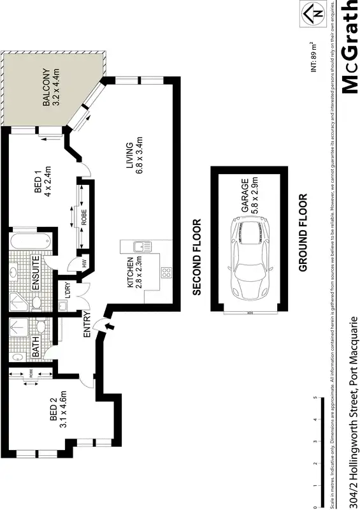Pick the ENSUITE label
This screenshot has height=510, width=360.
36,273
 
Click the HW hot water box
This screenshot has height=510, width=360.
83,262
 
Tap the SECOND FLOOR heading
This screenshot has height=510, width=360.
196,258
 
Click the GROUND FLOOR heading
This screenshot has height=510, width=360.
303,233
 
